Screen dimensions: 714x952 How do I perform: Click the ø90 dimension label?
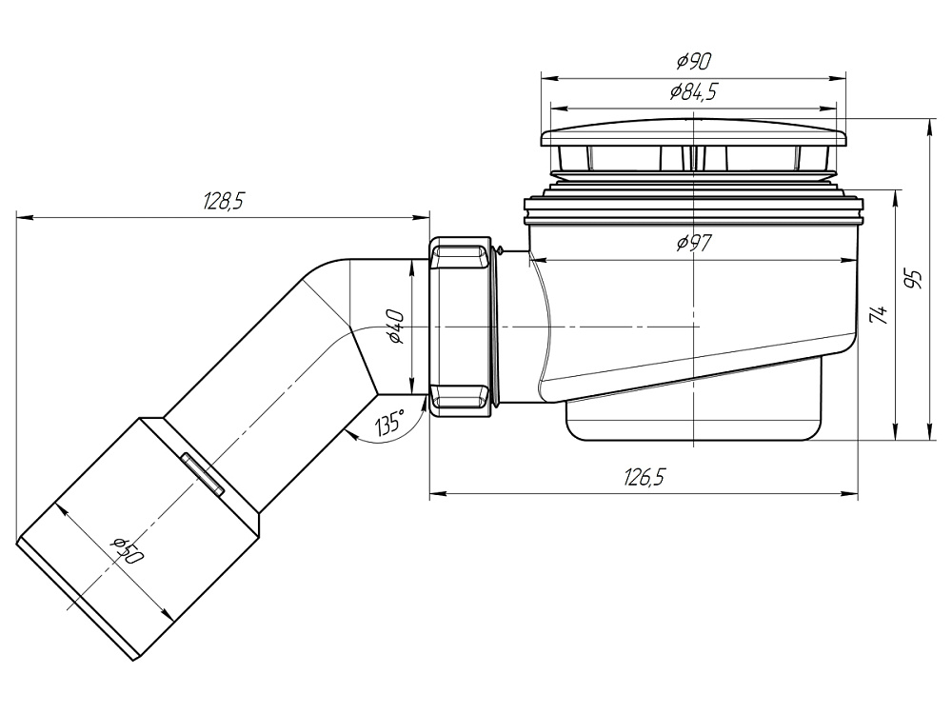(x=694, y=63)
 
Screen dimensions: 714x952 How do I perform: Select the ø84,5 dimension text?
(x=694, y=92)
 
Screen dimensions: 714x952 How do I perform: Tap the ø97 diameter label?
(x=695, y=244)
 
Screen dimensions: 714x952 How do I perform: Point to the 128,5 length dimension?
(x=224, y=201)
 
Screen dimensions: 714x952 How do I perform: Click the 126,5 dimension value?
(x=644, y=478)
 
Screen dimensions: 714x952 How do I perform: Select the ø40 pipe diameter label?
(x=396, y=327)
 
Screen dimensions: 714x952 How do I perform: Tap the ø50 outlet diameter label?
(x=125, y=551)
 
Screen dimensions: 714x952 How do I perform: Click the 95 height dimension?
(x=913, y=280)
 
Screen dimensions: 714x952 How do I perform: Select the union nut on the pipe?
(x=462, y=327)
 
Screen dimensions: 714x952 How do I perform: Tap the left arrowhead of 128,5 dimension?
(x=22, y=217)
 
